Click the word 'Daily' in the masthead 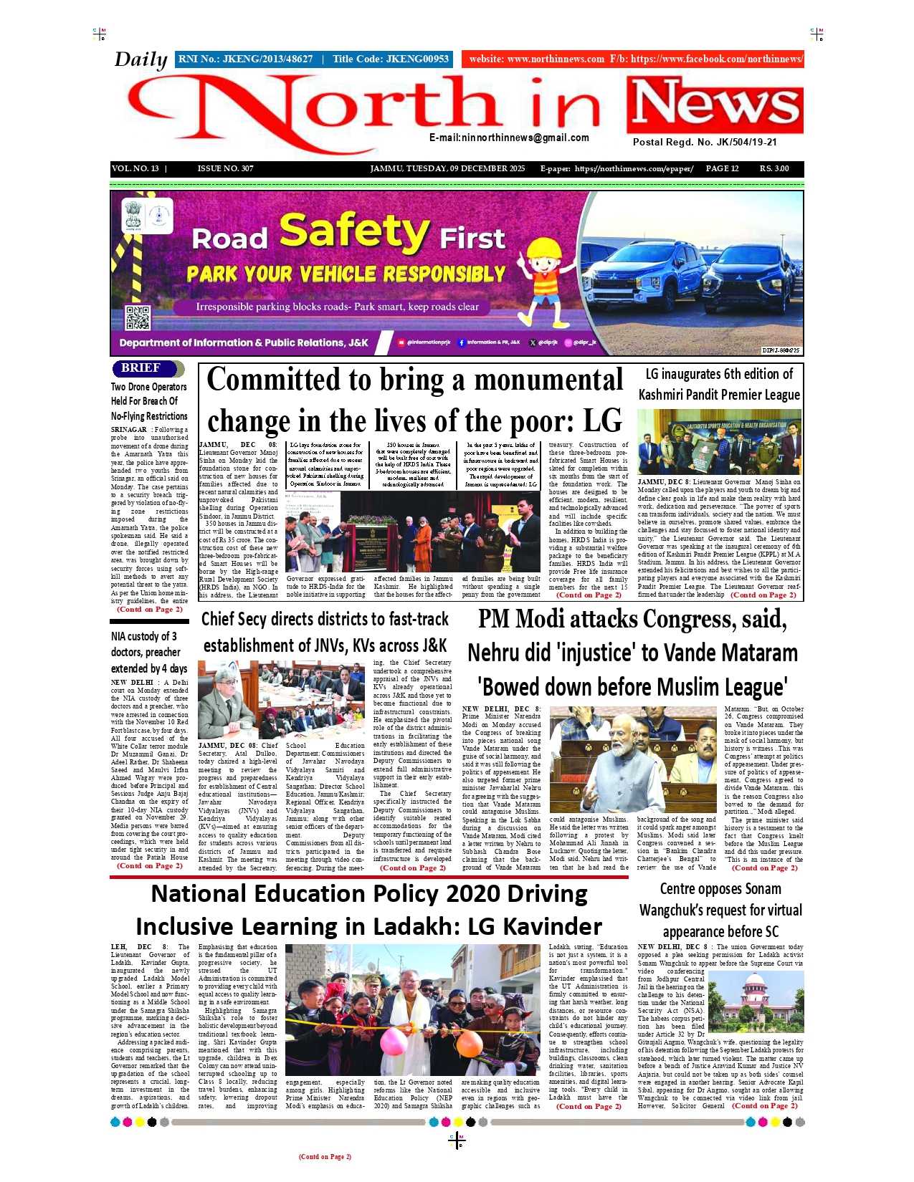141,59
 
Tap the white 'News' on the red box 715,105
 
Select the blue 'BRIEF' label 141,368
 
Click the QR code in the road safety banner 137,317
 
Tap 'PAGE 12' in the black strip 722,169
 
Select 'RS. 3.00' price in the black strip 774,169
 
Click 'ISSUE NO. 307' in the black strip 225,169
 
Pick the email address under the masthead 509,138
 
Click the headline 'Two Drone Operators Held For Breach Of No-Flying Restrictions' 149,401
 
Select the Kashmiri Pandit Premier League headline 719,385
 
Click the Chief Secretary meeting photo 282,699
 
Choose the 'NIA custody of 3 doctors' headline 149,652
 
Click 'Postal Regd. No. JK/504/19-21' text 705,142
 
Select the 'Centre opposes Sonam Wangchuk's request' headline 720,910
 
